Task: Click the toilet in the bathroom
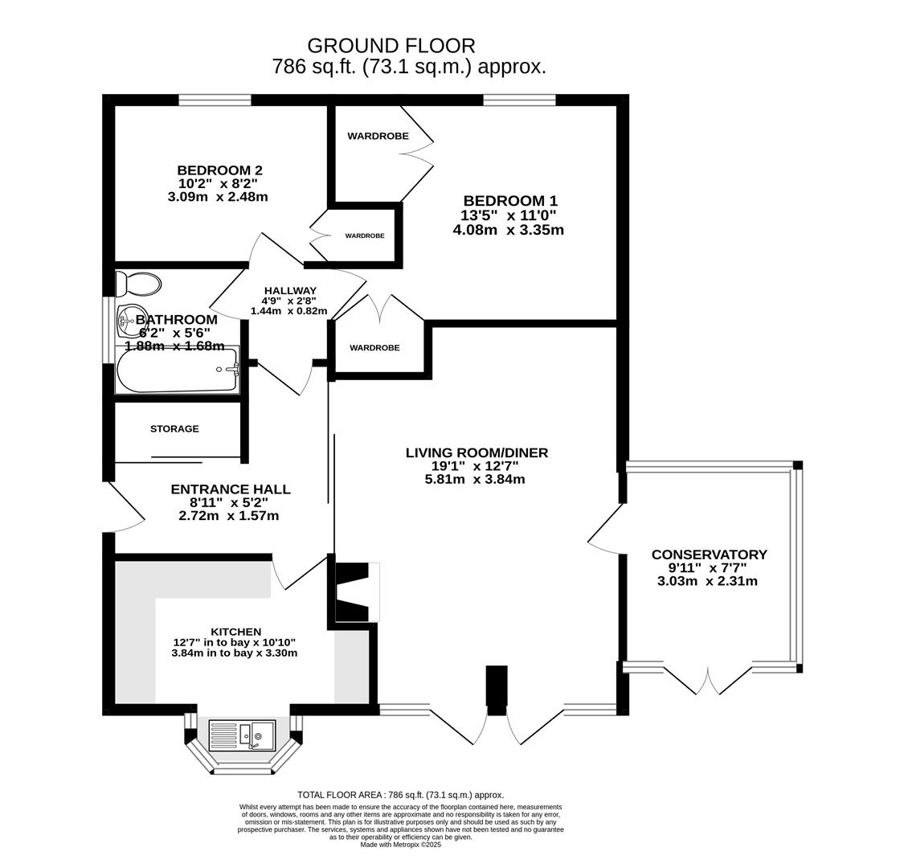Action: tap(138, 284)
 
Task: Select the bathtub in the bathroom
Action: tap(177, 371)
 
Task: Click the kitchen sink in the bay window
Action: tap(242, 735)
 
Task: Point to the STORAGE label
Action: tap(174, 428)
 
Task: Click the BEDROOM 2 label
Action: tap(219, 170)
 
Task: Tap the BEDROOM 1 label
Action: tap(510, 201)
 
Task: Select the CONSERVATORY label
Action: tap(709, 555)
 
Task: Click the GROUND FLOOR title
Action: tap(391, 46)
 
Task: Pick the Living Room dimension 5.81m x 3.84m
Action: tap(474, 479)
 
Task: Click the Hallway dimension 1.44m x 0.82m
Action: tap(288, 311)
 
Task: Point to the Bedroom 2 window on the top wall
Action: tap(215, 100)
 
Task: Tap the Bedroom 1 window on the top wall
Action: tap(519, 100)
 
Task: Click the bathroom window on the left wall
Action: tap(108, 330)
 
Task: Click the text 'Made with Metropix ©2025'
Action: tap(401, 845)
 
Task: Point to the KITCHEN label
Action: tap(235, 632)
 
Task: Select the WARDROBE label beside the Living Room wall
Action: tap(374, 348)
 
